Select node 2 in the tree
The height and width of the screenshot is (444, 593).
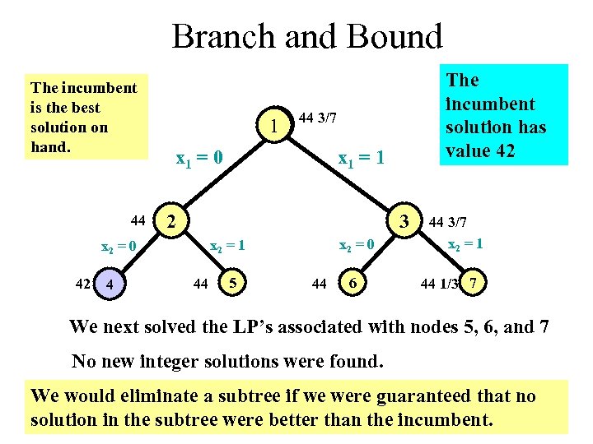click(x=170, y=220)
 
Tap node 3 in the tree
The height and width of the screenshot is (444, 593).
click(x=404, y=220)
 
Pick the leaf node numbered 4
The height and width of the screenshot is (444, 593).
click(x=109, y=285)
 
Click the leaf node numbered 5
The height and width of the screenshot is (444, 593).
click(x=234, y=284)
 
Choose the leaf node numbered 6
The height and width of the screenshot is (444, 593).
click(x=353, y=284)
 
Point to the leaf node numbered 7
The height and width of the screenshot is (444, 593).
click(x=472, y=284)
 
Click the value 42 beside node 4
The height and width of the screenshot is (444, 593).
click(x=82, y=284)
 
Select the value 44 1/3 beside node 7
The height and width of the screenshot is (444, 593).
click(x=438, y=284)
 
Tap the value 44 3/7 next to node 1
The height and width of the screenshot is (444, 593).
click(x=317, y=118)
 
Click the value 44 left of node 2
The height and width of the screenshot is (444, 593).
click(x=138, y=220)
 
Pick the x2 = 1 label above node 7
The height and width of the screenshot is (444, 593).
click(x=465, y=244)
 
